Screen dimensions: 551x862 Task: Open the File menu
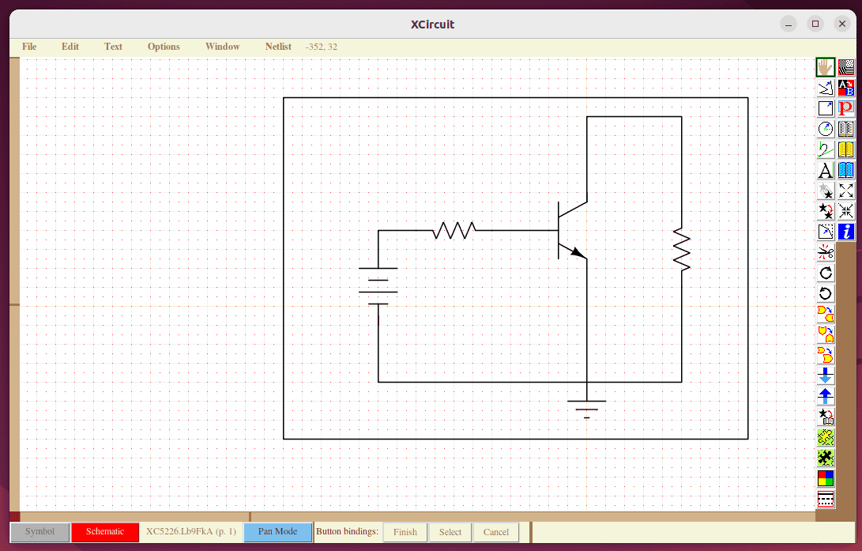pos(29,47)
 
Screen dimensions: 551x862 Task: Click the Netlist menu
pos(278,47)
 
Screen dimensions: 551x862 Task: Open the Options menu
pos(164,47)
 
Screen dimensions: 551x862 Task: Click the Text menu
pos(113,47)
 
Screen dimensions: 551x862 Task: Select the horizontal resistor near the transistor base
pos(454,231)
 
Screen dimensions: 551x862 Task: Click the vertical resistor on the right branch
pos(681,249)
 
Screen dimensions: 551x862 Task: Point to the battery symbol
pos(378,286)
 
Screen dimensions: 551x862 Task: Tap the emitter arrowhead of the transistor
pos(578,253)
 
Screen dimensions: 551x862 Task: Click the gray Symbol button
pos(40,532)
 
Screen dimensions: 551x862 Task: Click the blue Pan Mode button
pos(277,532)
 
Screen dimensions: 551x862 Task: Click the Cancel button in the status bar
pos(495,532)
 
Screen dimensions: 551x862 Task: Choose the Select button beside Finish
pos(450,532)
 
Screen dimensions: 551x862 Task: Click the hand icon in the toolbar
pos(825,67)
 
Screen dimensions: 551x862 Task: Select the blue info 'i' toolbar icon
pos(846,232)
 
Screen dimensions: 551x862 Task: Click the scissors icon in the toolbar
pos(825,252)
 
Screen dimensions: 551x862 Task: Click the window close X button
pos(841,24)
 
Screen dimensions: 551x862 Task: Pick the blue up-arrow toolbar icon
pos(825,396)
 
